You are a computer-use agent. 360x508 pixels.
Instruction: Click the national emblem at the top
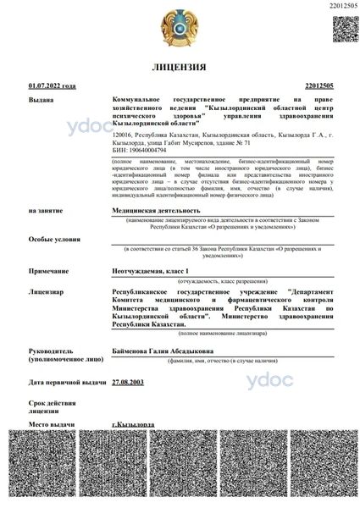[x=180, y=28]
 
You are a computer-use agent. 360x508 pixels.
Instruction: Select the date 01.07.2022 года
[x=52, y=86]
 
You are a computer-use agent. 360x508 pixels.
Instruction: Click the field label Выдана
[x=40, y=100]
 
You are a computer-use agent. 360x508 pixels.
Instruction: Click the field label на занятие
[x=44, y=209]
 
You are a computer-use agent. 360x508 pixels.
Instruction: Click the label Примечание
[x=47, y=269]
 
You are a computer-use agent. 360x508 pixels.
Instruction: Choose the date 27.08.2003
[x=128, y=383]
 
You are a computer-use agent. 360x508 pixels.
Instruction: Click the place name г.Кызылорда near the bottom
[x=132, y=422]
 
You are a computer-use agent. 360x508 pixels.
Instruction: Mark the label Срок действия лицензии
[x=49, y=404]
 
